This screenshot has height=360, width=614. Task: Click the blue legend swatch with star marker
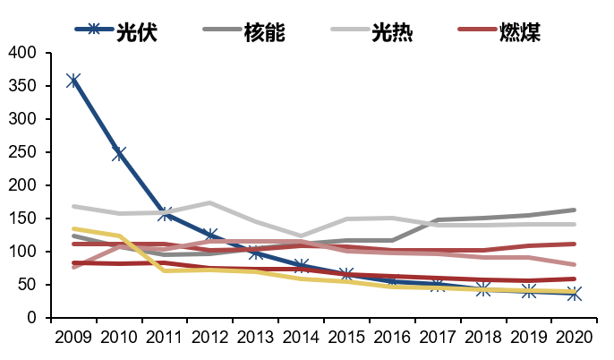[94, 29]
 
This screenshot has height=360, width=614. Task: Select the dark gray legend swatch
[222, 29]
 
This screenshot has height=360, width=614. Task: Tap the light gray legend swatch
[350, 29]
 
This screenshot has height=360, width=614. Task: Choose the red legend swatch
[477, 29]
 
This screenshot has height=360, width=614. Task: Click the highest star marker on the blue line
[73, 81]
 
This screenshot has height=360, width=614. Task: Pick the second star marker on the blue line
[119, 154]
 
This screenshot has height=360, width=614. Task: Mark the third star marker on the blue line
[165, 213]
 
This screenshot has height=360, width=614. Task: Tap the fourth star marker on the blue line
[210, 236]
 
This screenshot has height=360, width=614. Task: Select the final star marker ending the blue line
[574, 293]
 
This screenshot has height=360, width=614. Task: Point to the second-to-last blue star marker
[529, 291]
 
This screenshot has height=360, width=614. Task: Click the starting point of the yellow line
[73, 228]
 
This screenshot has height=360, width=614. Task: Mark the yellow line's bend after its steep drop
[165, 269]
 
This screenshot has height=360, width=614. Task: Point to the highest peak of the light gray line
[210, 202]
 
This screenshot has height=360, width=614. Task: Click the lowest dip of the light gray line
[302, 236]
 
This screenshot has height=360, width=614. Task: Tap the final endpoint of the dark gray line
[574, 210]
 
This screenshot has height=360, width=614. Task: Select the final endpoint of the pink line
[574, 265]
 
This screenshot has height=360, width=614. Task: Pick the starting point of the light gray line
[73, 206]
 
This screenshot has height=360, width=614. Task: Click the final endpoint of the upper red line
[574, 244]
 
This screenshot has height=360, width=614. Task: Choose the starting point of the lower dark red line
[73, 263]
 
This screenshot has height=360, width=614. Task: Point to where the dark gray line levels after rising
[439, 219]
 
